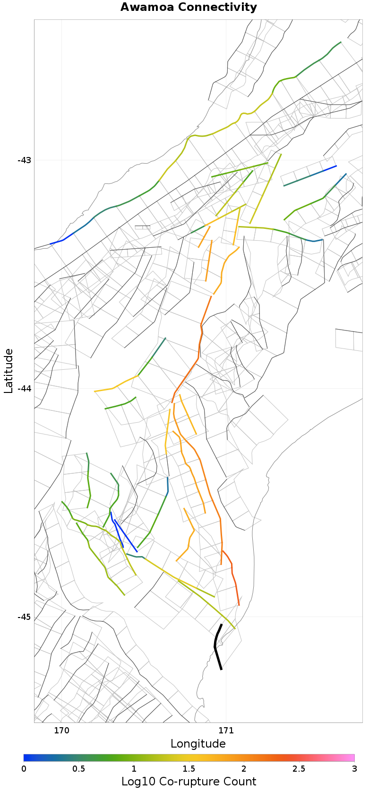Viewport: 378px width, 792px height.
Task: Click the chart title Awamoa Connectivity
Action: tap(189, 8)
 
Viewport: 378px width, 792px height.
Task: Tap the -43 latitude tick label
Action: tap(24, 160)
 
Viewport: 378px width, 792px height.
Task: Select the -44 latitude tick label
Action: tap(24, 389)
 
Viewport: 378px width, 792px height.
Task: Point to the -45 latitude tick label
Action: tap(24, 617)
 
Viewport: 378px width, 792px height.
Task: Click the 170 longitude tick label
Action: tap(61, 731)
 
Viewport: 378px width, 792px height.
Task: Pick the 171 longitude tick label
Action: tap(226, 731)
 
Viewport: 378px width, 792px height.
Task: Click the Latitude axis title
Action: tap(9, 371)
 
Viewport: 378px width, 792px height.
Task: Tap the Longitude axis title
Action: tap(198, 744)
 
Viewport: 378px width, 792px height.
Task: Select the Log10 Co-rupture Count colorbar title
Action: tap(189, 782)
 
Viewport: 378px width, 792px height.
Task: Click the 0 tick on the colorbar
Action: tap(24, 769)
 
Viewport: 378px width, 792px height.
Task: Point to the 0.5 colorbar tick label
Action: tap(79, 769)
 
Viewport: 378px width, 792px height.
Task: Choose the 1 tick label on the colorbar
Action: tap(134, 769)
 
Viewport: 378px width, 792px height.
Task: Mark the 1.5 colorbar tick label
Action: tap(189, 769)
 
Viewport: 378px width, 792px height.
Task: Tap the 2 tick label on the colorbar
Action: tap(244, 769)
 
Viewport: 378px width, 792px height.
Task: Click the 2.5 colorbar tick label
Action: tap(299, 769)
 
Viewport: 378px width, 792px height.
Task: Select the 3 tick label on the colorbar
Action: tap(354, 769)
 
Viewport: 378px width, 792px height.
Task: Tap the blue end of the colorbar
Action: tap(26, 758)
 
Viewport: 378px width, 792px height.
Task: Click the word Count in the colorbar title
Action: tap(240, 782)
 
